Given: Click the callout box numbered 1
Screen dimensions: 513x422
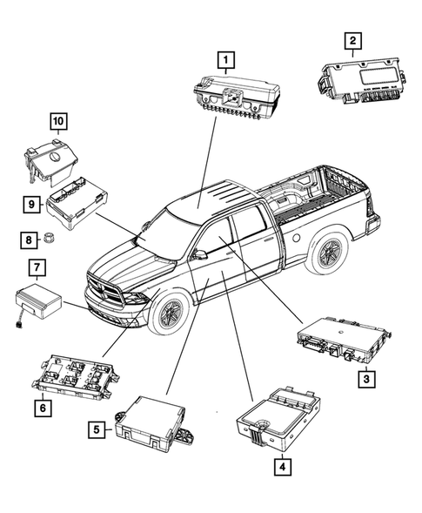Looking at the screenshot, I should tap(225, 61).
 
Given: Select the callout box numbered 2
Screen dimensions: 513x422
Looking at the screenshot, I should tap(352, 40).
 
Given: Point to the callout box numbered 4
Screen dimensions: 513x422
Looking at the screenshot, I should tap(281, 467).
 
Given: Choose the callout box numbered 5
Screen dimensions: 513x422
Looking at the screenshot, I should tap(99, 429).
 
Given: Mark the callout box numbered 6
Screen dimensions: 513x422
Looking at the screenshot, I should tap(41, 405).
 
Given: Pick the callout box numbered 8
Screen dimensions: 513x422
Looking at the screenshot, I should tap(29, 237).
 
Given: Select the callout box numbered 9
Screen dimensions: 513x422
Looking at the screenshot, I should tap(30, 205).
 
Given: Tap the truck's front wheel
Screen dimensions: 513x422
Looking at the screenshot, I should tap(169, 312).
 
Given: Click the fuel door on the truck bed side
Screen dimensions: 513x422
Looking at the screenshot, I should tap(297, 237).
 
